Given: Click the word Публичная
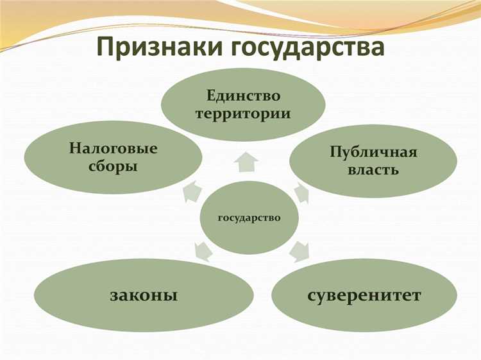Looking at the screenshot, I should click(373, 152).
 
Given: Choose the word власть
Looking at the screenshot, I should click(373, 170).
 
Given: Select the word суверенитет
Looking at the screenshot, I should click(364, 296).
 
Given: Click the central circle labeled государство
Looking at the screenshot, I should click(249, 218).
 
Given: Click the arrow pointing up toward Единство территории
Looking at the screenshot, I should click(245, 163).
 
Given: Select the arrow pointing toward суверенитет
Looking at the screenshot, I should click(300, 251).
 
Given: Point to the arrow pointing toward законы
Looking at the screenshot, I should click(201, 252).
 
